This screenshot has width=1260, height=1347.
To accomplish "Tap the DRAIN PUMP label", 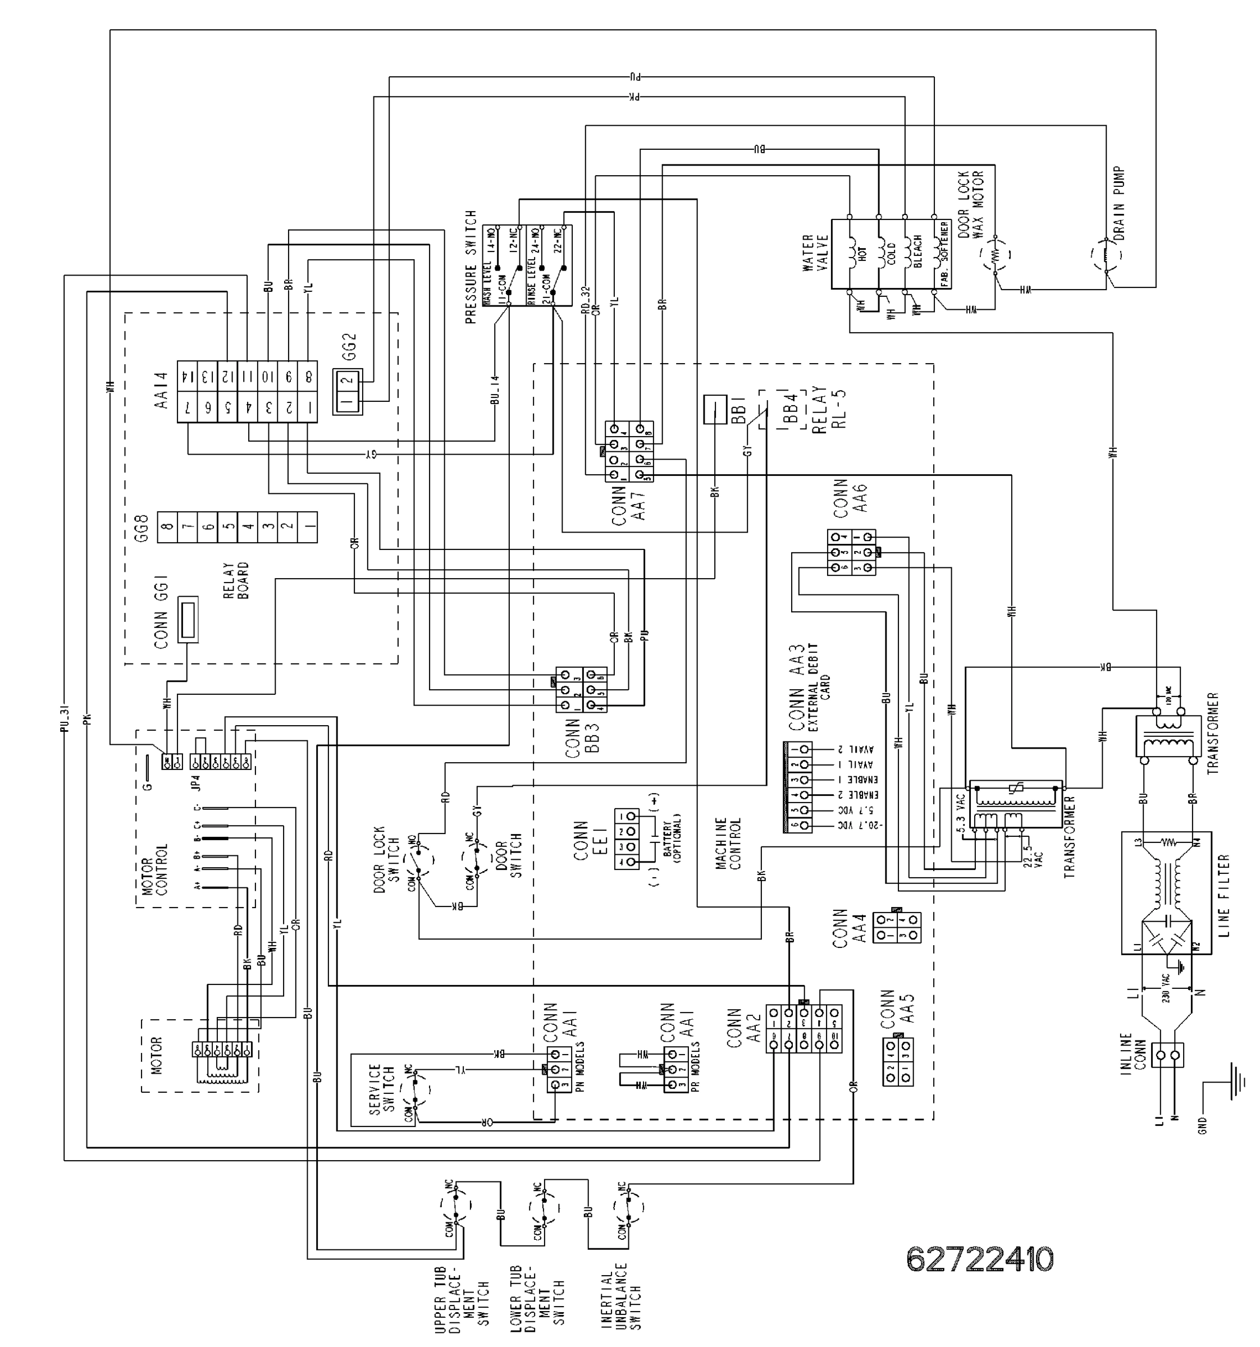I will tap(1119, 203).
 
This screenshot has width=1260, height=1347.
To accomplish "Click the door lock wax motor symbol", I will tap(995, 255).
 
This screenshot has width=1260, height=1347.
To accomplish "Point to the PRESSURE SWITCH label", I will tap(472, 267).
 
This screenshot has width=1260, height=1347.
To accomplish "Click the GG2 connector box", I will tap(347, 392).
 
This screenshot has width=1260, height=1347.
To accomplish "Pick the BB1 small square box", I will tap(714, 409).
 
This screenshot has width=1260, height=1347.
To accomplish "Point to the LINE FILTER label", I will tap(1224, 895).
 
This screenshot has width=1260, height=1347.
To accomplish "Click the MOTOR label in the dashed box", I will tap(157, 1055).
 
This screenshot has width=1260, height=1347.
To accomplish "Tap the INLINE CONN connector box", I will tap(1168, 1056).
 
